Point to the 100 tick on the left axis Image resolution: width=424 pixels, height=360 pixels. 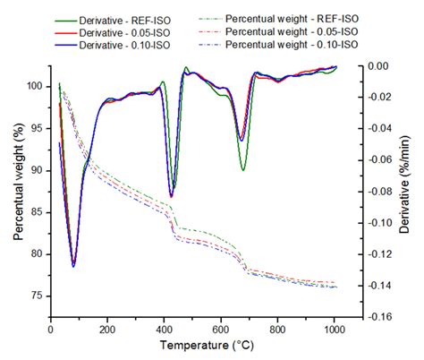[x=33, y=86]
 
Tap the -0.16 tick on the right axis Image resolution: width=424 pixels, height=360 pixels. [x=380, y=316]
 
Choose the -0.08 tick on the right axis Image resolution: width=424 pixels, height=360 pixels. [x=380, y=192]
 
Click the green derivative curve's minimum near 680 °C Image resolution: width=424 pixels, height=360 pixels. [x=242, y=170]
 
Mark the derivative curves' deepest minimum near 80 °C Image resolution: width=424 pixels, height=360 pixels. [x=73, y=266]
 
